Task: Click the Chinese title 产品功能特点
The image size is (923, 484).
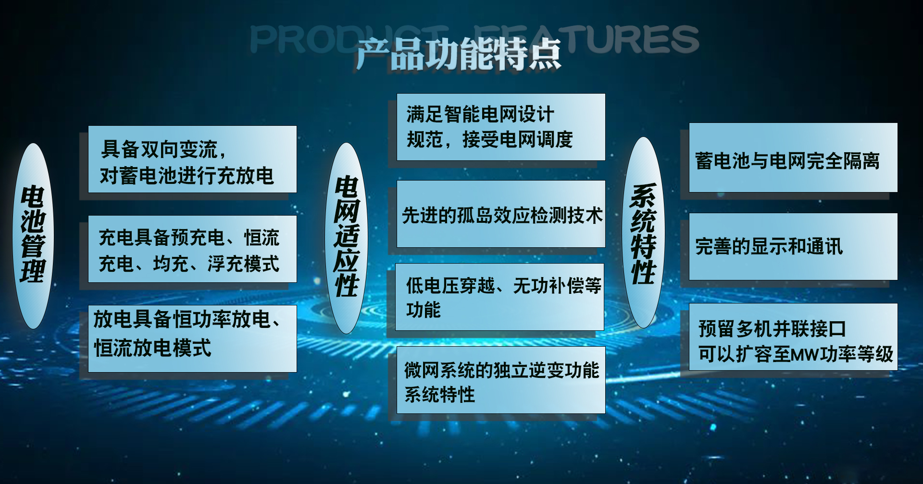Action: coord(459,54)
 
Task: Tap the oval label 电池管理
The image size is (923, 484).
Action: coord(33,236)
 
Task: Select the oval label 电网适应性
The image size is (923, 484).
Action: coord(347,238)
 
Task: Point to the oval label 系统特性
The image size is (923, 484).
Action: coord(644,233)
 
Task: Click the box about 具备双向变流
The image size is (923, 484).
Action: coord(192,159)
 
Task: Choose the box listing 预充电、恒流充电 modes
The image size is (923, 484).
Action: coord(192,249)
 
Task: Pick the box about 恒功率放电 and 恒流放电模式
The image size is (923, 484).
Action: coord(192,339)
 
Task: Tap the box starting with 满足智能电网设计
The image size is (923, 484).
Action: coord(501,127)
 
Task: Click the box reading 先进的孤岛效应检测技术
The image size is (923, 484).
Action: coord(501,214)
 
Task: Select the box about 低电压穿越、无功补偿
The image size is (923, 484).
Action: coord(500,297)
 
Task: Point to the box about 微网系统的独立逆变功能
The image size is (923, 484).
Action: coord(501,380)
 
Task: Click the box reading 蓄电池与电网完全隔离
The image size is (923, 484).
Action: coord(793,157)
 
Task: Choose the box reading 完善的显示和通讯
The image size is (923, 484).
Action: coord(793,246)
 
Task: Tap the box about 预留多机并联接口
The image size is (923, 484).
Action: coord(793,337)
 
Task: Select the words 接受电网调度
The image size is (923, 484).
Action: coord(518,139)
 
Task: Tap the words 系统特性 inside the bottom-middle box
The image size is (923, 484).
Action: coord(439,395)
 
